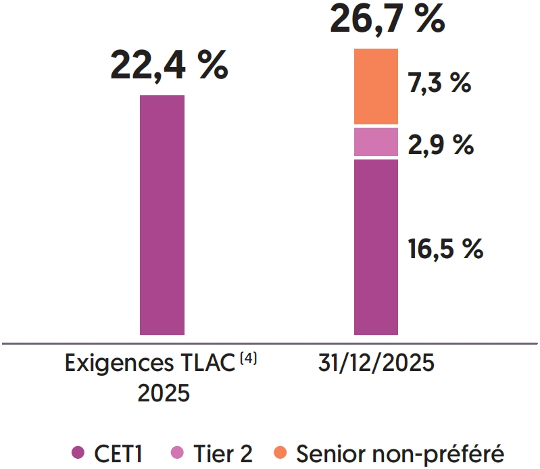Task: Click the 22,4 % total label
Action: pos(169,66)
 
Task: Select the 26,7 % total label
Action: pos(387,19)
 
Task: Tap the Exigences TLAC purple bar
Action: pos(162,214)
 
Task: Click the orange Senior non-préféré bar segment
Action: pos(376,87)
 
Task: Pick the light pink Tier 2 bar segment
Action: pos(376,142)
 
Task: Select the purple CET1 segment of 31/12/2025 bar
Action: pos(376,247)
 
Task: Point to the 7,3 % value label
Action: pos(439,84)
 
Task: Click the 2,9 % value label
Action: pos(440,145)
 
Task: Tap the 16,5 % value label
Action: pos(445,249)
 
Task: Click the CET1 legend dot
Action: pos(77,452)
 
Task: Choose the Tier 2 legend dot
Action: pos(178,452)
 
